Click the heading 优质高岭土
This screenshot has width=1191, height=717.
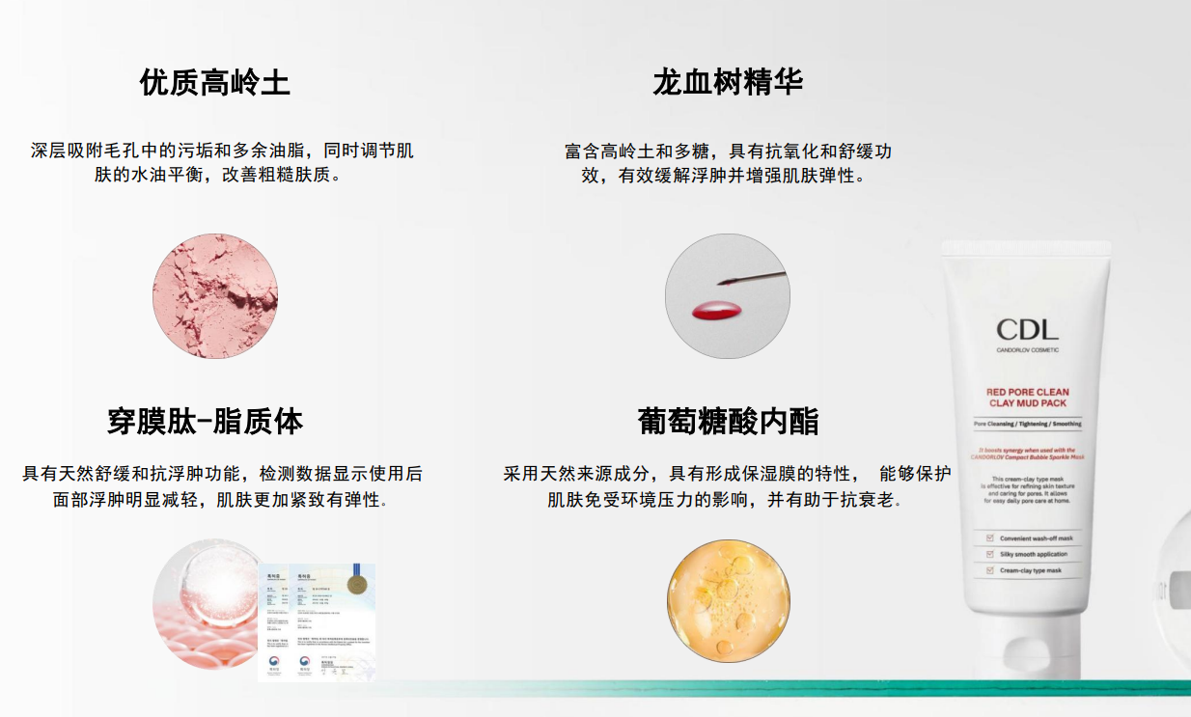214,83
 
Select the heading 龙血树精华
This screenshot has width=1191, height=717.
727,83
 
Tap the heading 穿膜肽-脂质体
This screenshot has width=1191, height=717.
205,422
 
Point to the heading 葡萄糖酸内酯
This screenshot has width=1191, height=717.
728,422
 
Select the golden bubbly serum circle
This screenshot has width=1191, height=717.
729,600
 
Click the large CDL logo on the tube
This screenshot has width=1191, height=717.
1027,329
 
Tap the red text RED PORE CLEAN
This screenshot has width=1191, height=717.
1027,392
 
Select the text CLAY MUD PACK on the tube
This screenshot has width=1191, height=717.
1027,403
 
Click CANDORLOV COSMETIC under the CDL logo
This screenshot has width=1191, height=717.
1027,349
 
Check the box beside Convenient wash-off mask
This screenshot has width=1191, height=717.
990,538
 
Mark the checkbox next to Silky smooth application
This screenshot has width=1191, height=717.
990,555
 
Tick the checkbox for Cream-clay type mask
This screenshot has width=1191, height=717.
990,571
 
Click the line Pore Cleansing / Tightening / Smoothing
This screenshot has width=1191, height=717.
1027,424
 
